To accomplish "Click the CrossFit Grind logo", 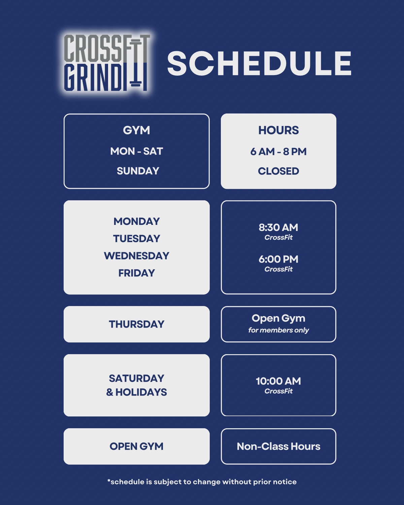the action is pyautogui.click(x=107, y=63).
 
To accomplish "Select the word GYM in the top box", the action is pyautogui.click(x=136, y=130).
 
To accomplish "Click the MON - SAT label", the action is pyautogui.click(x=137, y=151).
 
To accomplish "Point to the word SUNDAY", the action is pyautogui.click(x=138, y=171).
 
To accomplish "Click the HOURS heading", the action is pyautogui.click(x=278, y=130).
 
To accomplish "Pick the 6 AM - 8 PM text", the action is pyautogui.click(x=278, y=151).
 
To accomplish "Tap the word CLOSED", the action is pyautogui.click(x=278, y=171).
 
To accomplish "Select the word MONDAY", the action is pyautogui.click(x=137, y=221).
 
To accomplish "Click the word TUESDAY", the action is pyautogui.click(x=137, y=239).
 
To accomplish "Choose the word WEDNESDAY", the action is pyautogui.click(x=137, y=256).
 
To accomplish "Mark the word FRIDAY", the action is pyautogui.click(x=137, y=273).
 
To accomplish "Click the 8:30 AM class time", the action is pyautogui.click(x=278, y=227).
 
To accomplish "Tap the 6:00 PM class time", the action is pyautogui.click(x=278, y=259).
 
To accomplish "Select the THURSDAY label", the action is pyautogui.click(x=137, y=324).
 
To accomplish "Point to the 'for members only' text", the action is pyautogui.click(x=278, y=330).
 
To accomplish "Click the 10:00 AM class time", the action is pyautogui.click(x=278, y=381).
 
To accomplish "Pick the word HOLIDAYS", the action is pyautogui.click(x=141, y=392).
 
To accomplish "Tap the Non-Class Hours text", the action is pyautogui.click(x=278, y=446).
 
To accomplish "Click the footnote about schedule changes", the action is pyautogui.click(x=202, y=482).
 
